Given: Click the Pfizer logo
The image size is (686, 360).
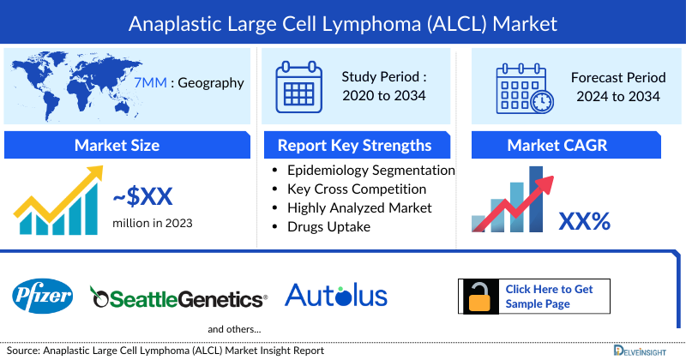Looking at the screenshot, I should pos(43,297).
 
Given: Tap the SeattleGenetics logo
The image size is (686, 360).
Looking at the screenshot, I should pos(179,298).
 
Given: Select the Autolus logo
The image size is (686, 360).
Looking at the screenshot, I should pos(335,296).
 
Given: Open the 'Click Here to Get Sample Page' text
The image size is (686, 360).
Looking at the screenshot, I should pos(550,297).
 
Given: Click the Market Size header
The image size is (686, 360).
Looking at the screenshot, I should pos(117,145).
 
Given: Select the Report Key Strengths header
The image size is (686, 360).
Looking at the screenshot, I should pos(354,145).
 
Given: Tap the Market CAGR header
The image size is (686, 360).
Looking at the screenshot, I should pos(569,145).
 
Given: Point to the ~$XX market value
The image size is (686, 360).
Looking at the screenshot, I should pos(143,197).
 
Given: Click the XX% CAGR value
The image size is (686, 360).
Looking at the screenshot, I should pos(584,221).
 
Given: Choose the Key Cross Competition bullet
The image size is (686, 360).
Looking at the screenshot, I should pos(357,189).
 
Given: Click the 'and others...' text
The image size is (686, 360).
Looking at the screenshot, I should pos(234,329).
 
